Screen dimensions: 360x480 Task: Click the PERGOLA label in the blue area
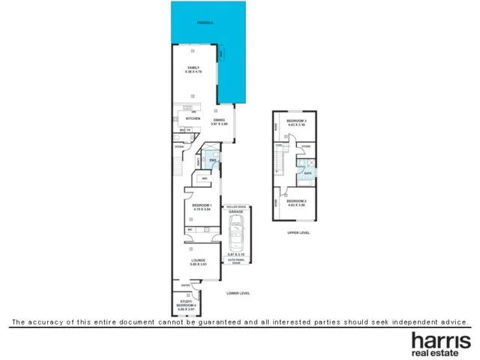pos(205,23)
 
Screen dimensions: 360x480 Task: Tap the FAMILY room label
pos(193,69)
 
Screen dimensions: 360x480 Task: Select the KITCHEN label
pos(193,118)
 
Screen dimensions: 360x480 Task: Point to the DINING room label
pos(219,121)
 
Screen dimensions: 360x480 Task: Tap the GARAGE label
pos(236,212)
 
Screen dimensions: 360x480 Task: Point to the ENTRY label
pos(185,285)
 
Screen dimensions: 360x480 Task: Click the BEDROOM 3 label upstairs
pos(297,121)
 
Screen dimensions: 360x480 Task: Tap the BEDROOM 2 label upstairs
pos(297,200)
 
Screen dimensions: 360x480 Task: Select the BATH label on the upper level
pos(307,173)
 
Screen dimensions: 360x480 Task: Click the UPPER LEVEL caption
pos(298,232)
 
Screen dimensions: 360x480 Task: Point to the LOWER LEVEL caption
pos(238,292)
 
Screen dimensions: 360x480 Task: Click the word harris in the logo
pos(440,340)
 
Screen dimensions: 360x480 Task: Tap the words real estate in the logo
pos(440,353)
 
